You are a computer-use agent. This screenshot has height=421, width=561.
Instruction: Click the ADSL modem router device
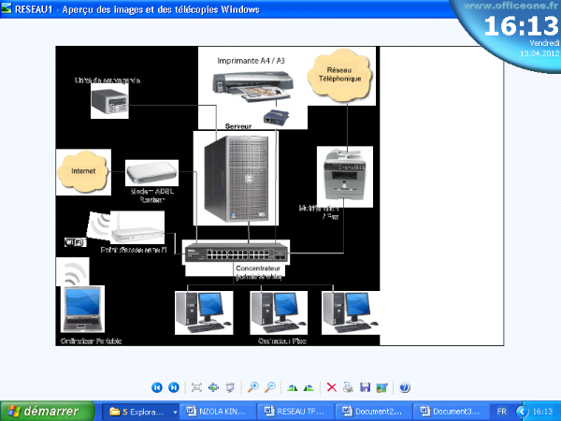pos(150,172)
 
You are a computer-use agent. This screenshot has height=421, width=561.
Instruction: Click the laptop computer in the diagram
pos(81,309)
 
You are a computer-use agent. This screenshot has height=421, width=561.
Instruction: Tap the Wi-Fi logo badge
pos(75,241)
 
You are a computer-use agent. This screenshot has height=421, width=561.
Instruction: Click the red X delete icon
pos(331,386)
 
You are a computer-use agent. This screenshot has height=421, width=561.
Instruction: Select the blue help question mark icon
pos(404,386)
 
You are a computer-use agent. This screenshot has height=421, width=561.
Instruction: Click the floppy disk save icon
pos(365,386)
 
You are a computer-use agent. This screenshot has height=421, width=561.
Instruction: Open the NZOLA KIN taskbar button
pos(218,411)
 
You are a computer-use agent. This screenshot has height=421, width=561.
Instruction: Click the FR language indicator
pos(502,411)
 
